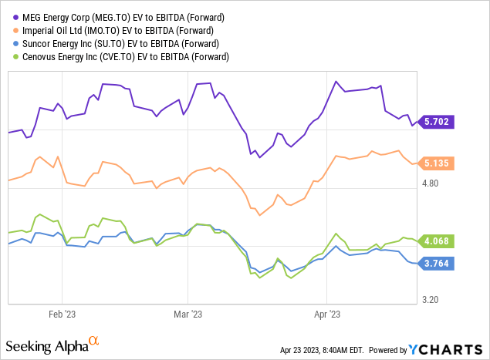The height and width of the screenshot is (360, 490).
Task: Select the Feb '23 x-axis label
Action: point(62,315)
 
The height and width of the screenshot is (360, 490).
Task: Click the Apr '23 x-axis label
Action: point(328,315)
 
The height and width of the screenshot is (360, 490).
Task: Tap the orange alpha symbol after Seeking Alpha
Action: point(94,340)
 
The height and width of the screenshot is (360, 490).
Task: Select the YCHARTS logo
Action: point(451,347)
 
